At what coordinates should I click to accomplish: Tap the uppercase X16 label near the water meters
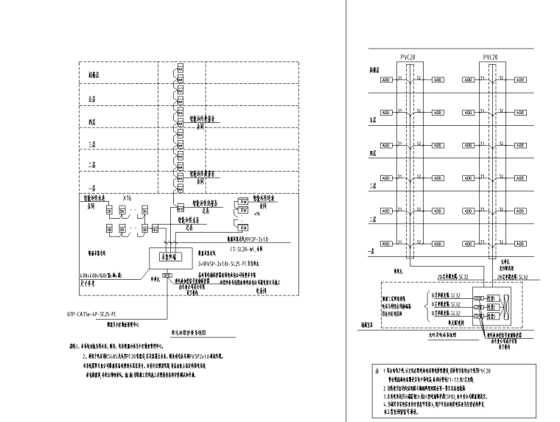point(127,199)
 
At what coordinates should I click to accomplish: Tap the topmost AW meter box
point(242,200)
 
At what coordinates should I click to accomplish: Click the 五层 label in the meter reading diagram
point(92,96)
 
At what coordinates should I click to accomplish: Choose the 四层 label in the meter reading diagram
point(92,121)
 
